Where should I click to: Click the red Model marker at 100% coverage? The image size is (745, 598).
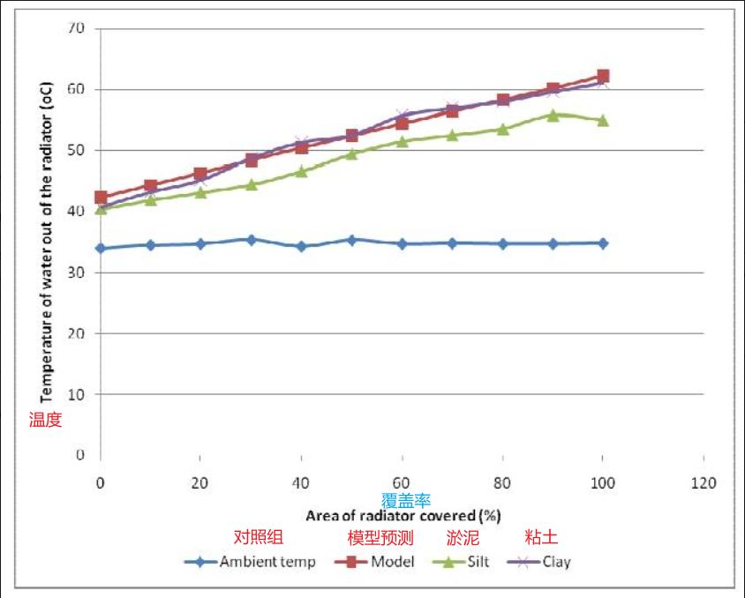(603, 76)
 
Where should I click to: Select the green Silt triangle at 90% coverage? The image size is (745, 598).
(553, 115)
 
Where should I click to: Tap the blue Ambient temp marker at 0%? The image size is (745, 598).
(101, 248)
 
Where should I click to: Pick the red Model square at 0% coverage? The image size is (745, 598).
(101, 198)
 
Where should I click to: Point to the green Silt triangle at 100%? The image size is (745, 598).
(603, 120)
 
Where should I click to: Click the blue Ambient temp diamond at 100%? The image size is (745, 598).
(603, 243)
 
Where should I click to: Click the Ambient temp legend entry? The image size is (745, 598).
(250, 562)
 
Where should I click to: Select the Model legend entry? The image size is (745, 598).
(374, 562)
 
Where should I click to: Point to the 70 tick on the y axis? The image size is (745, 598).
(76, 28)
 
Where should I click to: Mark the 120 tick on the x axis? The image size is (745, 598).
(704, 483)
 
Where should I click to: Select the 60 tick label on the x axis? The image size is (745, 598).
(402, 483)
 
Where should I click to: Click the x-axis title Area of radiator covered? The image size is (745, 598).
(403, 514)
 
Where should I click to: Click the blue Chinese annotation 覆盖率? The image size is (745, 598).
(406, 500)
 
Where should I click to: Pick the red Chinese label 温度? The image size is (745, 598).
(45, 420)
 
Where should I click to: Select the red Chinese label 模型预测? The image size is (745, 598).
(380, 537)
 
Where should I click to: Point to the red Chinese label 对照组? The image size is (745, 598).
(259, 537)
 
